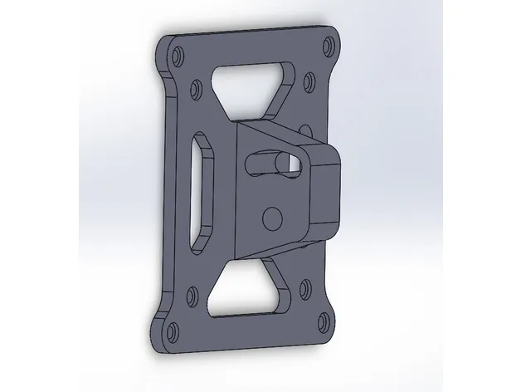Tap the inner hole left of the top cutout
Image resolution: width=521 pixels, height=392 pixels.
(197, 86)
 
